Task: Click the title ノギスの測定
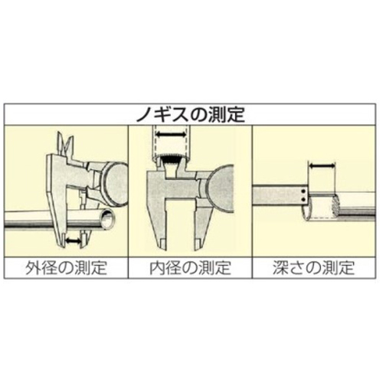191,115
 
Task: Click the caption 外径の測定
66,267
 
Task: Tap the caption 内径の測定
190,267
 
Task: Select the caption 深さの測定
314,267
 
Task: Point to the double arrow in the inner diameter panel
170,134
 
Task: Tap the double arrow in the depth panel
322,166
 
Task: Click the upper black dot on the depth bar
303,191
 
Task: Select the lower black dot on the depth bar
303,199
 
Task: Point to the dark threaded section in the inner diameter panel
170,161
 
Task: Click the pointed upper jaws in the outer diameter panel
64,145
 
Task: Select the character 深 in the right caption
280,267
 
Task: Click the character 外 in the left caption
33,267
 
